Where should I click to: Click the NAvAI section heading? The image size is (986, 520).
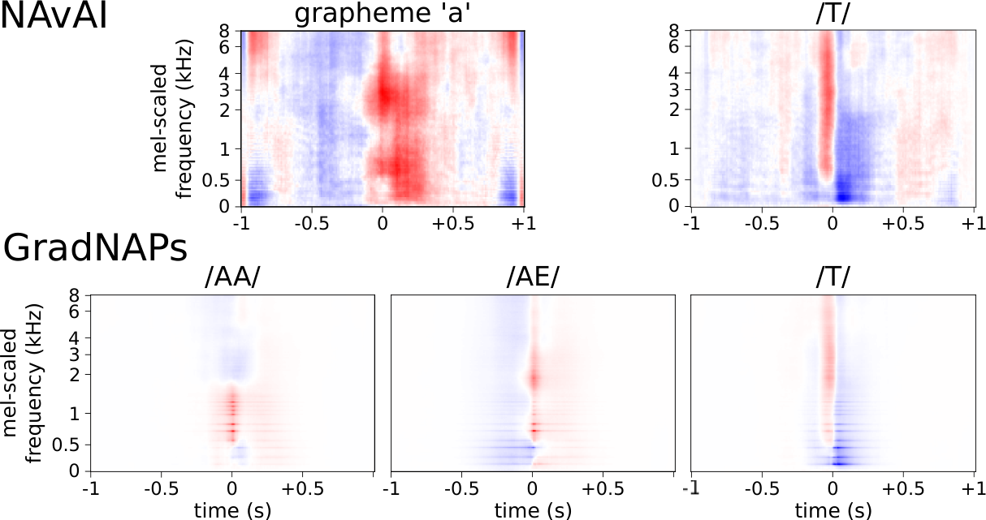(54, 16)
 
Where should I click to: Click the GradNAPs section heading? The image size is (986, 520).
(96, 249)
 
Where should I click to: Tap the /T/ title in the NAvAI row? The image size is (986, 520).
(832, 15)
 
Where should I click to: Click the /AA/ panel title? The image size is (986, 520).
(232, 277)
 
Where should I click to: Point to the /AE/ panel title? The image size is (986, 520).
(533, 277)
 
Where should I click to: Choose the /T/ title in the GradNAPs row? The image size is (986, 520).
(832, 277)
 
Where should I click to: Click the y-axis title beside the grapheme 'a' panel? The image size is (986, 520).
(171, 118)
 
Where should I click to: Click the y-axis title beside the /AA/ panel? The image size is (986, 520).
(22, 383)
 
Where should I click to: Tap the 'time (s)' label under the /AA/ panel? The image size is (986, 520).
(232, 511)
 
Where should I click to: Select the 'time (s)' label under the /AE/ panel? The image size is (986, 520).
(533, 511)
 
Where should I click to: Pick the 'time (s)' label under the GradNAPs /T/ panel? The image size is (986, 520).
(832, 511)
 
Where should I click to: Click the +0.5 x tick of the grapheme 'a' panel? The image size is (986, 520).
(453, 224)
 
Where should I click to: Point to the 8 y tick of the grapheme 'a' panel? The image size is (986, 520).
(224, 31)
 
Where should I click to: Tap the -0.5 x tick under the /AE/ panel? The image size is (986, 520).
(461, 488)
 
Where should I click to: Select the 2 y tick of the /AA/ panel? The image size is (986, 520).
(74, 375)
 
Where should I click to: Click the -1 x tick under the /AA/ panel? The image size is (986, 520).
(91, 488)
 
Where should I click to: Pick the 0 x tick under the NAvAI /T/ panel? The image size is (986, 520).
(832, 224)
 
